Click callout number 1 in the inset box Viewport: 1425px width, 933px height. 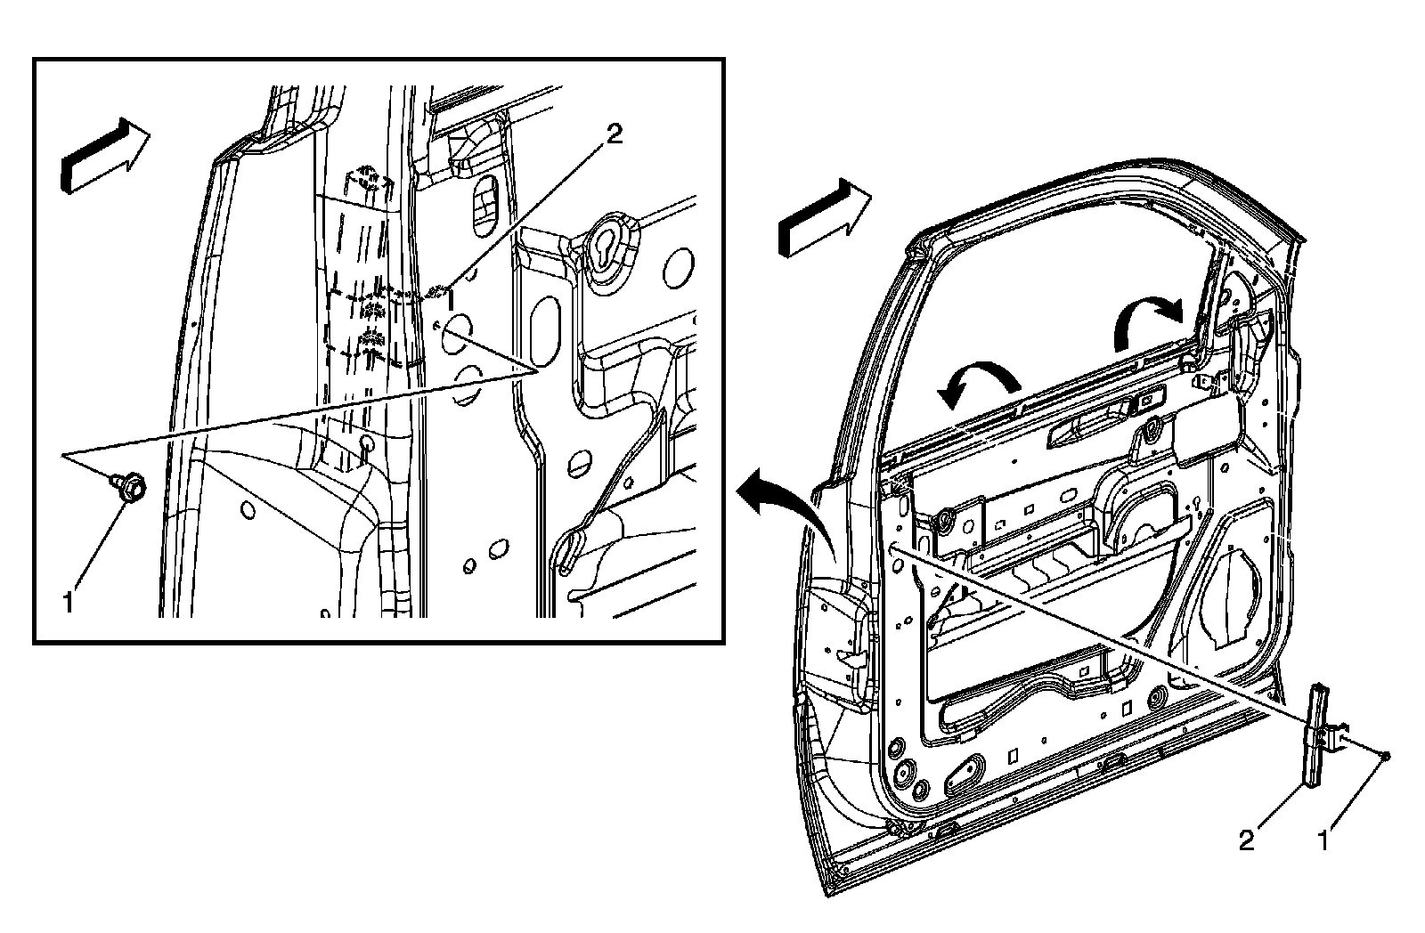[69, 603]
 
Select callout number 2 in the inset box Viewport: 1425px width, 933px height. [615, 134]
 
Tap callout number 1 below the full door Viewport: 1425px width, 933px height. [1323, 839]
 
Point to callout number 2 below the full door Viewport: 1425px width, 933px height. [1247, 839]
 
